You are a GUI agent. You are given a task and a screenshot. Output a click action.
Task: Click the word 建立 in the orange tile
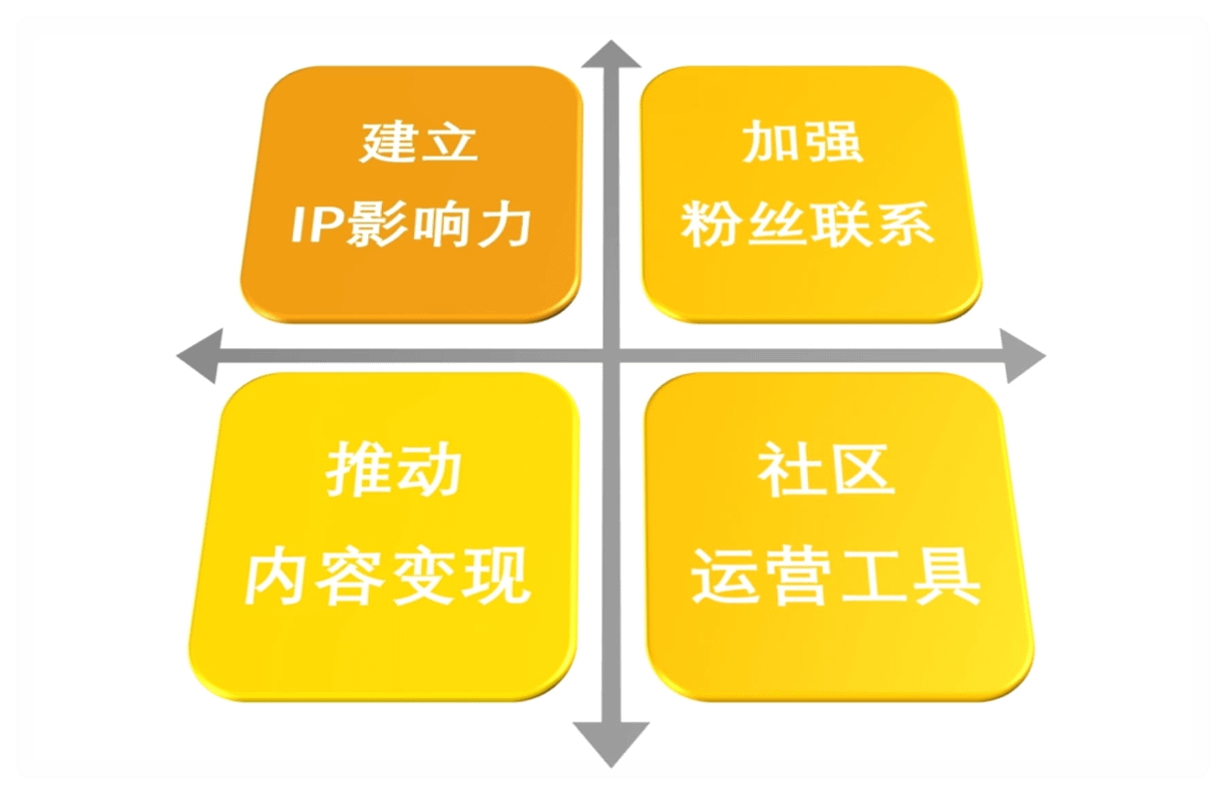[x=419, y=142]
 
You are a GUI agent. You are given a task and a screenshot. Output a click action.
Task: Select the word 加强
[x=802, y=142]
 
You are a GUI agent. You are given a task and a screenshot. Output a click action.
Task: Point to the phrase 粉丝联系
[x=807, y=224]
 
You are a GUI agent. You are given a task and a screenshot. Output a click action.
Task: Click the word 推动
[x=393, y=470]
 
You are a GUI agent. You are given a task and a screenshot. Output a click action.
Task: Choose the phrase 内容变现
[x=387, y=577]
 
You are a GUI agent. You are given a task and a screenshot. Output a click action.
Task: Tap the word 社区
[x=827, y=470]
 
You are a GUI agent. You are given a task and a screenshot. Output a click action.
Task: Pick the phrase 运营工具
[x=835, y=577]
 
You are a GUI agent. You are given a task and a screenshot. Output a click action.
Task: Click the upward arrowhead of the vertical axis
[x=611, y=55]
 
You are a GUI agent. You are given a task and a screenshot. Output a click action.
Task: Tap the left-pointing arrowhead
[x=200, y=356]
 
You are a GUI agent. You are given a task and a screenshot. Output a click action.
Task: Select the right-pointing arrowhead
[x=1022, y=356]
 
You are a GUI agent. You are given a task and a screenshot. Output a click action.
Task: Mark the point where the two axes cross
[x=612, y=356]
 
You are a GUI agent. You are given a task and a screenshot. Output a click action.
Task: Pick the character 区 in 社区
[x=863, y=470]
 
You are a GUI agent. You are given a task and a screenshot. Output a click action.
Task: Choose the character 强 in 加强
[x=835, y=142]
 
